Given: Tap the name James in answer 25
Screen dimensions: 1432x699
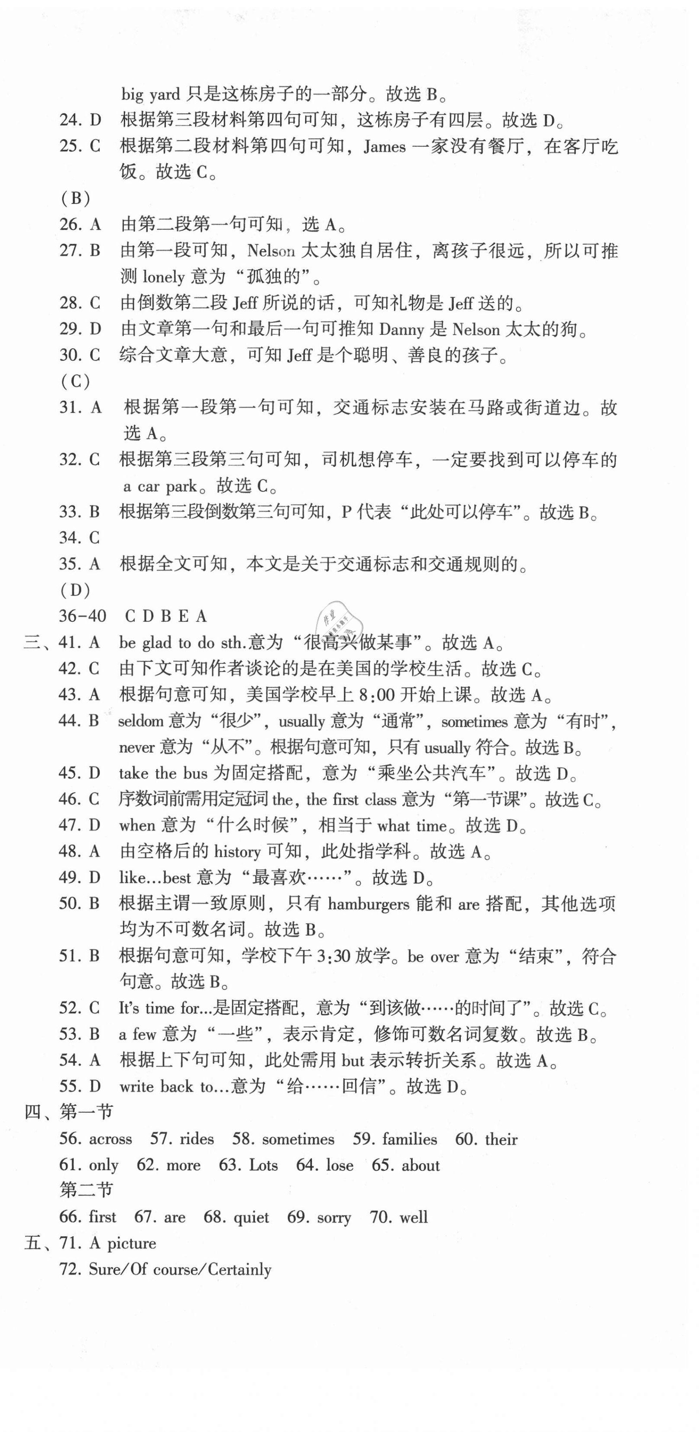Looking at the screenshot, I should (384, 147).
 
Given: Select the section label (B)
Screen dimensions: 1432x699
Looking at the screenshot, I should (75, 198).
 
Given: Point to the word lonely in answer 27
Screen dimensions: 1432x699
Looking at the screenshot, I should (163, 277).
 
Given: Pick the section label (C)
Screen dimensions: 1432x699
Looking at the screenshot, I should (75, 381).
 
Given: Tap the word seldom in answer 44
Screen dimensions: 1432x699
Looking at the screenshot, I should (141, 721).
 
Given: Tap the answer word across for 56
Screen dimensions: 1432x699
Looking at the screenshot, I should (110, 1139).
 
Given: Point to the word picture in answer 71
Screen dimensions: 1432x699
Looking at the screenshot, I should (131, 1244).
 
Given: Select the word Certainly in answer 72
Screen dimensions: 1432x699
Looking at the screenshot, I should (239, 1270).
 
